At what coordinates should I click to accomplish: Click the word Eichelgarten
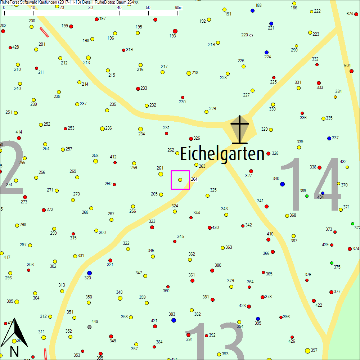(222, 154)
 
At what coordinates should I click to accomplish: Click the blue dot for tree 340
(282, 184)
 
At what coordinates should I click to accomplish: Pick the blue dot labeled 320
(89, 273)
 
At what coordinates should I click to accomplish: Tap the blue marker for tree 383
(174, 320)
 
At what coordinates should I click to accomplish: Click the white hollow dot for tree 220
(251, 35)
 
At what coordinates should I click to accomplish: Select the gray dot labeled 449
(89, 327)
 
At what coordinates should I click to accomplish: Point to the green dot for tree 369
(307, 196)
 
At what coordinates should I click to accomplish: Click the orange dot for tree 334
(335, 97)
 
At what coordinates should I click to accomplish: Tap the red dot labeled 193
(175, 31)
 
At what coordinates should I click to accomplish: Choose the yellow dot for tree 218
(189, 73)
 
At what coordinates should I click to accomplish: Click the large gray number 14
(311, 184)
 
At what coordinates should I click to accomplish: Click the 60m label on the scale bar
(178, 8)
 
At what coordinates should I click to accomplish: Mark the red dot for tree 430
(210, 228)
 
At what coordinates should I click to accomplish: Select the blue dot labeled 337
(329, 138)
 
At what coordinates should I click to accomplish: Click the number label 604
(347, 65)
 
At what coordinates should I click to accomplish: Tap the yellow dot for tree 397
(307, 351)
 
